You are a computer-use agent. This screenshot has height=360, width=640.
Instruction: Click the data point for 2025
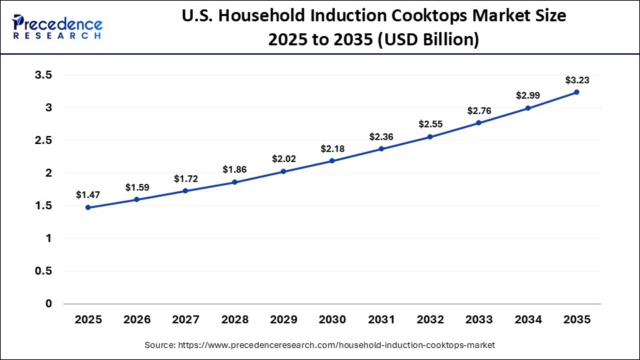[88, 207]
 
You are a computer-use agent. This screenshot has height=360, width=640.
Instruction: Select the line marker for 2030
[332, 161]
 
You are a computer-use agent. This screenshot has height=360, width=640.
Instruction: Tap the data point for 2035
[577, 92]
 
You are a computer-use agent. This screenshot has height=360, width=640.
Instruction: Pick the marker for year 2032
[430, 137]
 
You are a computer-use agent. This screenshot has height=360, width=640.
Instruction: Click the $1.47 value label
[88, 195]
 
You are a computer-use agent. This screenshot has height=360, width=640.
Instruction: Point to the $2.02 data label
[283, 159]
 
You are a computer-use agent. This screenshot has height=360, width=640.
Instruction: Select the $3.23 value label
[577, 80]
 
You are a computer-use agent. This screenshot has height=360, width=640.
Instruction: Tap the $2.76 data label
[479, 110]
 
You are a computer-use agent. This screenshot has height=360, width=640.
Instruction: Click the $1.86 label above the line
[235, 169]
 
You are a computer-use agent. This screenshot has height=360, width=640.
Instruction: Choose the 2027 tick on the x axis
[186, 320]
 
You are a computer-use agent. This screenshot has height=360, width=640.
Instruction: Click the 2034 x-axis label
[528, 320]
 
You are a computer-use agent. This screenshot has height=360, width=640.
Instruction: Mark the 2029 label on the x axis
[283, 320]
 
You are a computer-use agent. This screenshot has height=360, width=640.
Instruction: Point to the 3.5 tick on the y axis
[43, 75]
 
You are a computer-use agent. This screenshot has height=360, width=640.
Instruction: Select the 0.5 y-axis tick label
[43, 271]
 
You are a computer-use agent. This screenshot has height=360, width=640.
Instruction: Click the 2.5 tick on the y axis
[43, 141]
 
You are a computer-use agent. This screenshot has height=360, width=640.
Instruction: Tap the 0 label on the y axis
[49, 304]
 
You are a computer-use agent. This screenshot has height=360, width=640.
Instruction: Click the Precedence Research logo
[57, 27]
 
